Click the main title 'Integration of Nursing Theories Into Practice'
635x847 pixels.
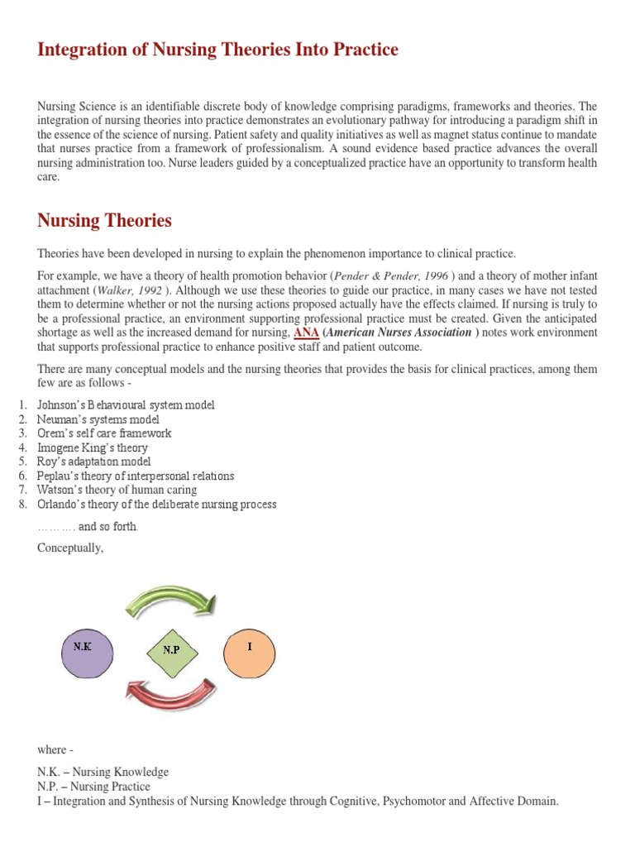pyautogui.click(x=217, y=50)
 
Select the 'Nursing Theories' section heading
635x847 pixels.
pyautogui.click(x=104, y=221)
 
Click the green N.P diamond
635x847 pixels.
pyautogui.click(x=171, y=649)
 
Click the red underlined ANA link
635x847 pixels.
pyautogui.click(x=306, y=333)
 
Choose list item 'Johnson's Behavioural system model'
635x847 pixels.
pyautogui.click(x=126, y=404)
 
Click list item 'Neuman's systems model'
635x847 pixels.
pyautogui.click(x=98, y=419)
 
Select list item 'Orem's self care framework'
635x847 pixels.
pyautogui.click(x=104, y=433)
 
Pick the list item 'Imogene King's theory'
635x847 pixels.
pyautogui.click(x=93, y=447)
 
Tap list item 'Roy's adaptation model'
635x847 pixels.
pyautogui.click(x=94, y=462)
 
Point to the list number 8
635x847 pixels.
pyautogui.click(x=22, y=504)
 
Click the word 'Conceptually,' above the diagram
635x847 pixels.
pyautogui.click(x=70, y=548)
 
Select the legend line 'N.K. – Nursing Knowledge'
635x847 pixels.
pyautogui.click(x=103, y=772)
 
